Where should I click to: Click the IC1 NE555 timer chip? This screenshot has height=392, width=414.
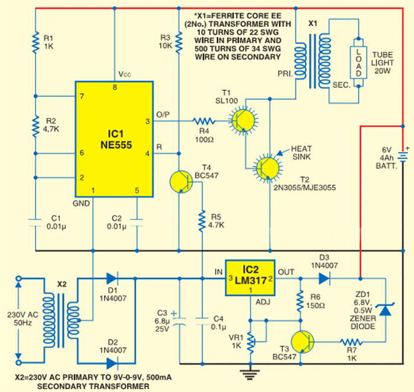[x=114, y=138]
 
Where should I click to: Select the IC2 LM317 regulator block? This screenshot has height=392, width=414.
[x=249, y=277]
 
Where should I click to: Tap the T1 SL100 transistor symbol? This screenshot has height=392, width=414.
[x=243, y=121]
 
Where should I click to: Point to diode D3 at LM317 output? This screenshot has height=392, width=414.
[x=323, y=277]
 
